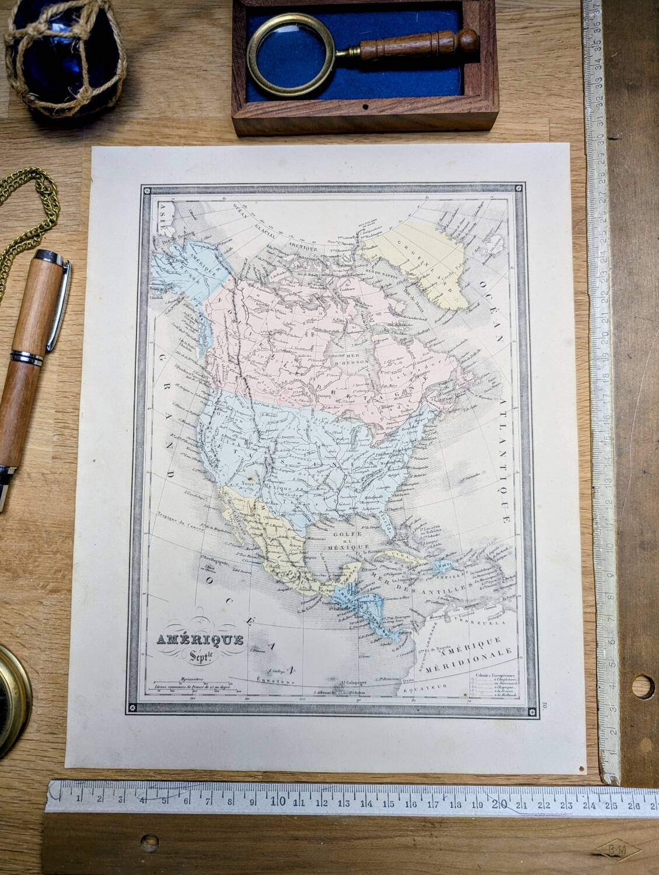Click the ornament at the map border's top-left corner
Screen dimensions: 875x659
(x=146, y=191)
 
